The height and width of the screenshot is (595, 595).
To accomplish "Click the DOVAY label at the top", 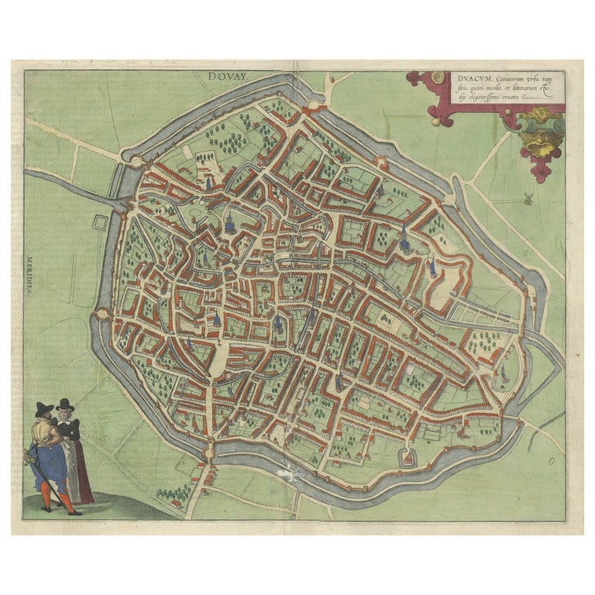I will tap(225, 77).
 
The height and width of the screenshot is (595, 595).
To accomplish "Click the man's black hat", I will tap(44, 408).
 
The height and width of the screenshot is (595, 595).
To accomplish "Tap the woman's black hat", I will tap(65, 404).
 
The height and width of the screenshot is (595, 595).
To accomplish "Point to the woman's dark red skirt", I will tap(81, 480).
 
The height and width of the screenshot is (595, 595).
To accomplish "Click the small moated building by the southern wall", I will tap(407, 458).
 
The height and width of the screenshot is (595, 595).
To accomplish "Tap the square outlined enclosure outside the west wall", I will tap(99, 223).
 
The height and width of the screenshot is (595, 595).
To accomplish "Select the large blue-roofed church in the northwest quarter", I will tap(230, 224).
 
